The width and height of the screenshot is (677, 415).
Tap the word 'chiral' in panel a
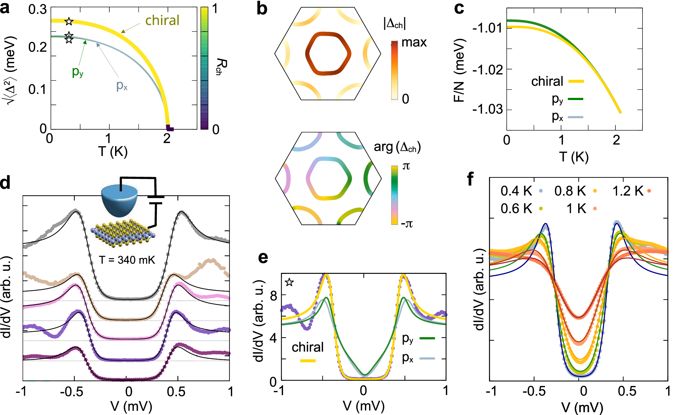[162, 20]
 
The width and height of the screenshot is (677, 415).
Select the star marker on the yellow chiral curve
[69, 21]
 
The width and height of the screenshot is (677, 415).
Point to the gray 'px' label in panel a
[122, 85]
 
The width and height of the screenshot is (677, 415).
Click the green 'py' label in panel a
[77, 72]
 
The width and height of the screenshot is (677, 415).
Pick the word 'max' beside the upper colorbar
[414, 43]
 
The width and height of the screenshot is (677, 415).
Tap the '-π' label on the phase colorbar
[407, 224]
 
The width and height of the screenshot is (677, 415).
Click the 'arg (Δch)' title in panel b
[397, 147]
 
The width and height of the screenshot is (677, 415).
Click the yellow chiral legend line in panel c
[576, 81]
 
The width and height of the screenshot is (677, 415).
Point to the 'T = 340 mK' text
[127, 260]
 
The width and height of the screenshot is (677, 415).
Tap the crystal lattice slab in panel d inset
[123, 233]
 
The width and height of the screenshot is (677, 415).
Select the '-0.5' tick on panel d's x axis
[73, 392]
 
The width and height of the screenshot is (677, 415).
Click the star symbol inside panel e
[289, 282]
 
